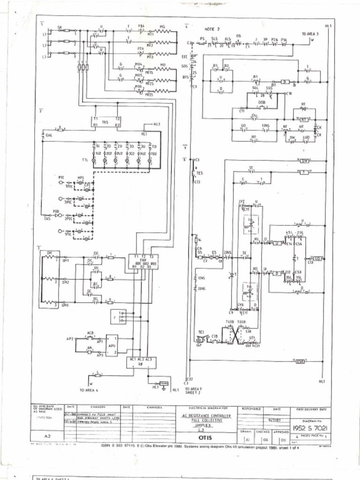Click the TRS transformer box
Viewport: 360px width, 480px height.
(x=105, y=122)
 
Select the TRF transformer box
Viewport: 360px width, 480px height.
(x=143, y=262)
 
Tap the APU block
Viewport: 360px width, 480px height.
(x=111, y=345)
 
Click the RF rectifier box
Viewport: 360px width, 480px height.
(x=141, y=362)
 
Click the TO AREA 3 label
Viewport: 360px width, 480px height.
(x=310, y=34)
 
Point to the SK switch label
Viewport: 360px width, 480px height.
(x=60, y=27)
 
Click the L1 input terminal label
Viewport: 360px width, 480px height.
(x=45, y=35)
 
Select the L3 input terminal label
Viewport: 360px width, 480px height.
(x=45, y=57)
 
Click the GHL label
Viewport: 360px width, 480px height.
(x=48, y=135)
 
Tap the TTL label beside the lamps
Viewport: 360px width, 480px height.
(x=84, y=160)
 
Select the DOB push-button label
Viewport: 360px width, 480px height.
(x=262, y=102)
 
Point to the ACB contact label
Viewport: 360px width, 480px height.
(x=90, y=333)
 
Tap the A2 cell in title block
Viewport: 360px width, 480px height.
(x=47, y=436)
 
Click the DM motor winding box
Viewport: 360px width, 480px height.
(x=48, y=279)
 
